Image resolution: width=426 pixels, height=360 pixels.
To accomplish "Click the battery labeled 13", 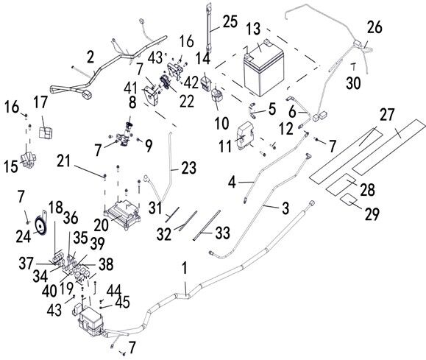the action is pos(263,69).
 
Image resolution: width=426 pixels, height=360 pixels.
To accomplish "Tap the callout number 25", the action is pos(230,21).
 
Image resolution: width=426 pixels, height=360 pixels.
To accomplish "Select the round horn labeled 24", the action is pos(40,224).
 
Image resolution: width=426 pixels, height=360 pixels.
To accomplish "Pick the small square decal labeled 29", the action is pos(349,200).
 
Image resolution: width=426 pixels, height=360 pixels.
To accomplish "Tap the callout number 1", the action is pos(185,268).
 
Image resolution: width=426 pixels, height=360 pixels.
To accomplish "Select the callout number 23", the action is pos(188,168).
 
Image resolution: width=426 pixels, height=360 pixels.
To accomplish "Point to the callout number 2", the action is pos(90,57).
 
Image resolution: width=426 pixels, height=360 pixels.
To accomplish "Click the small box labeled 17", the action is pos(46,132).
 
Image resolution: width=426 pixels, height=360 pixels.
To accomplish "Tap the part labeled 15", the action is pos(28,160).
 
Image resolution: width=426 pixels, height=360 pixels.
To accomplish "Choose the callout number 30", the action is pos(353,82).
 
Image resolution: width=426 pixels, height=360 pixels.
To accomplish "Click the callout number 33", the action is pos(223,233).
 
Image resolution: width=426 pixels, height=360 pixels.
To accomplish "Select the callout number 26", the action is pos(374,27).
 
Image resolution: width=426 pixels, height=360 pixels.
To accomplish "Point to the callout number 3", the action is pos(285,208).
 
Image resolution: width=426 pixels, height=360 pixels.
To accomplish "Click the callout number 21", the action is pos(64,161).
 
